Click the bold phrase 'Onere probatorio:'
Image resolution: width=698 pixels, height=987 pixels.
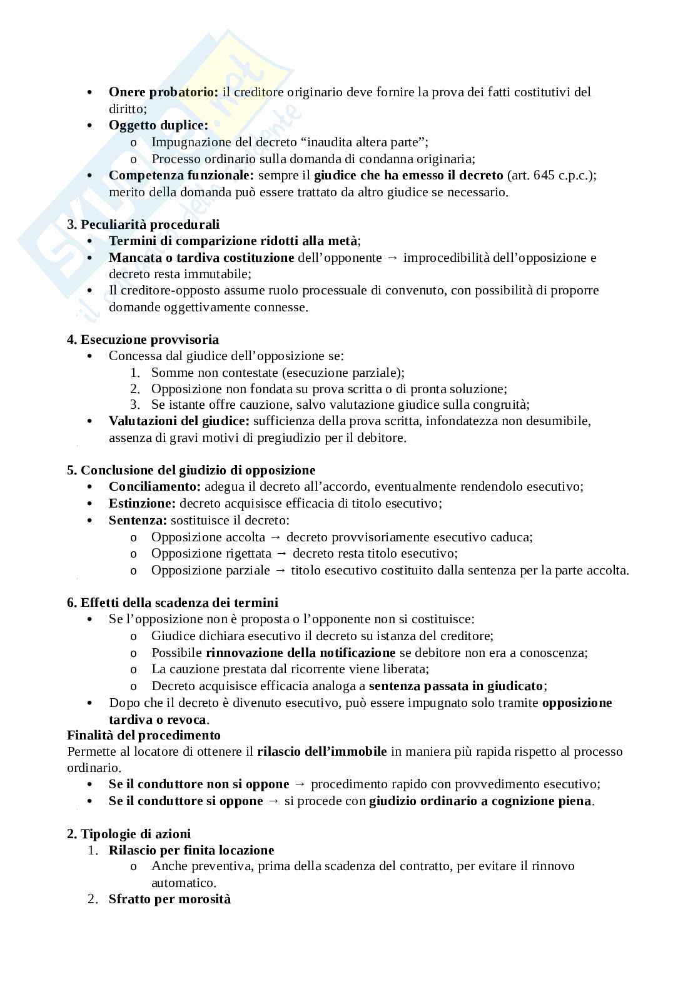[x=163, y=93]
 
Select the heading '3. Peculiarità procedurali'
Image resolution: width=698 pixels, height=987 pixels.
[x=143, y=224]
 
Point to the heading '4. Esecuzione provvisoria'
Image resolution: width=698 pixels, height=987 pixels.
[x=143, y=340]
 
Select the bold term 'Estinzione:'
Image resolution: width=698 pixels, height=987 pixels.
[x=142, y=504]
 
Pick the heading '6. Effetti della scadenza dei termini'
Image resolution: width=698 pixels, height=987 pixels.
[x=173, y=603]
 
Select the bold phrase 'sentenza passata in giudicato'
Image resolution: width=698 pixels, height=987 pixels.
[x=456, y=686]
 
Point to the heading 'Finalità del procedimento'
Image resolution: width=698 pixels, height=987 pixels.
[x=144, y=736]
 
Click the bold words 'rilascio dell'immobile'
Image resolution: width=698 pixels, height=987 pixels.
[x=321, y=752]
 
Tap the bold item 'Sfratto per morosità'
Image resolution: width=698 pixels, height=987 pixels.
[x=169, y=899]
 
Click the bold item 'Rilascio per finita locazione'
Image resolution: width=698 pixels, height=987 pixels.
[x=191, y=851]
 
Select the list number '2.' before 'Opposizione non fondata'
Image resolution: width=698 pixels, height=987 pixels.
[x=134, y=389]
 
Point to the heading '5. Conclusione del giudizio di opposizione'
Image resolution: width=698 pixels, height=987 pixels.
[x=191, y=471]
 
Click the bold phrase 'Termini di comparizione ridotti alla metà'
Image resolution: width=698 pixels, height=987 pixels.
[x=233, y=241]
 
